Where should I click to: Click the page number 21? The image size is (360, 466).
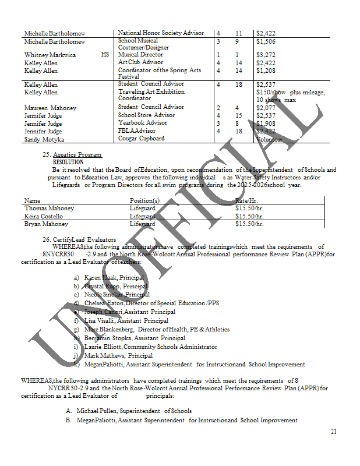pos(333,432)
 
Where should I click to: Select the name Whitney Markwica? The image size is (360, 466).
pos(50,55)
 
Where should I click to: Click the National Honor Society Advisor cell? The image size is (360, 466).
pos(161,33)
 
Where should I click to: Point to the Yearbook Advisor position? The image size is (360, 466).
pos(143,123)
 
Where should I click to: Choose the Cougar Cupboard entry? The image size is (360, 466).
pos(141,139)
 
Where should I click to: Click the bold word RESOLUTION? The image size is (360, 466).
pos(68,162)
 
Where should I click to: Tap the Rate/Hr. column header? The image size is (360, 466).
pos(246,200)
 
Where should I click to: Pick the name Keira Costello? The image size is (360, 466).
pos(44,216)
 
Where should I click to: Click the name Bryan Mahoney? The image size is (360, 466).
pos(46,224)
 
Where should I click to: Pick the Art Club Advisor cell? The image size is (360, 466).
pos(140,62)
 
